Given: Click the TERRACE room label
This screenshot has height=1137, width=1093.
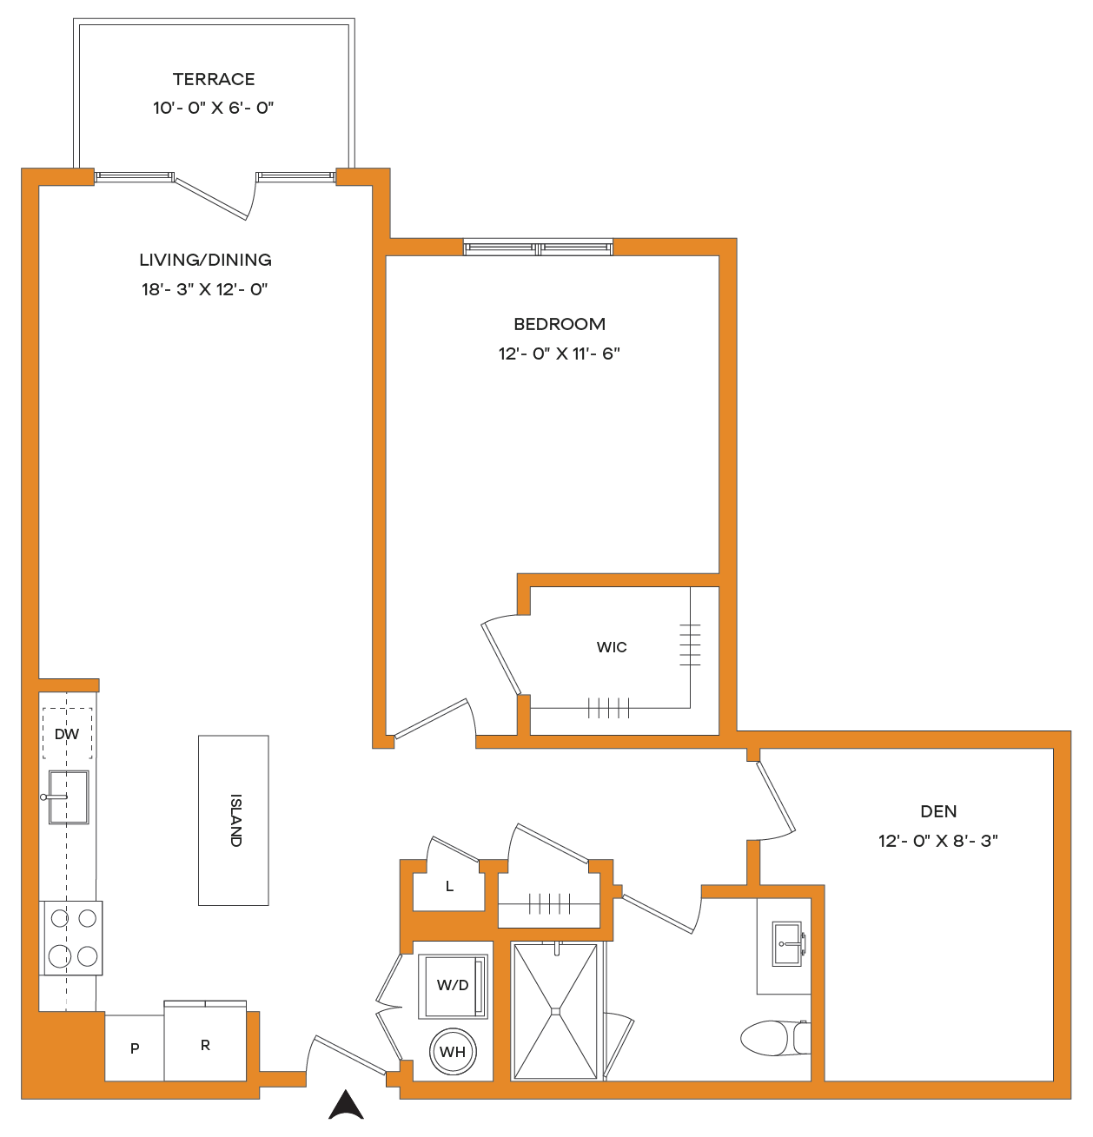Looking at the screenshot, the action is [214, 79].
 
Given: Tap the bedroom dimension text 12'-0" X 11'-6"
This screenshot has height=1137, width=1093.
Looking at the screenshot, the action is [559, 354].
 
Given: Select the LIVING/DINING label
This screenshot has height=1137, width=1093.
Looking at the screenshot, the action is [205, 260].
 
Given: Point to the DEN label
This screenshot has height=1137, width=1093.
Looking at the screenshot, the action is [938, 811].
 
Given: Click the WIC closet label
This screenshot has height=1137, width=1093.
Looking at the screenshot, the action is [612, 647].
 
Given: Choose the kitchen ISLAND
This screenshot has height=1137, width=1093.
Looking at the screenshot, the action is [233, 820].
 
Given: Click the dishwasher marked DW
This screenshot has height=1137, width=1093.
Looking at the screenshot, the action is [67, 733].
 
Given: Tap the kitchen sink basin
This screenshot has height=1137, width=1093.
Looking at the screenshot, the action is [69, 797].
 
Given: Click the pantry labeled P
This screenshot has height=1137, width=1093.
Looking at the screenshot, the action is [135, 1048].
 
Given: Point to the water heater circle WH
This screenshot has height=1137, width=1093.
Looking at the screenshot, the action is [453, 1052].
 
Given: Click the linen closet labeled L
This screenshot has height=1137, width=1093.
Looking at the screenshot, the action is [449, 886].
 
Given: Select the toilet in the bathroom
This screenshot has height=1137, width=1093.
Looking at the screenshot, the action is [775, 1038].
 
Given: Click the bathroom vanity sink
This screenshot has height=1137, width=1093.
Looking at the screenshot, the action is [786, 943].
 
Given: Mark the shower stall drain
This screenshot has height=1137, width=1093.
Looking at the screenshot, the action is [555, 1011].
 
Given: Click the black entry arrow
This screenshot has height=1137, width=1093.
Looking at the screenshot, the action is [346, 1104].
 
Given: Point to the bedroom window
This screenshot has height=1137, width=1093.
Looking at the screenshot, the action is [539, 248].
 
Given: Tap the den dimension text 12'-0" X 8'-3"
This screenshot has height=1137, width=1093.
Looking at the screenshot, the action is [937, 841].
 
